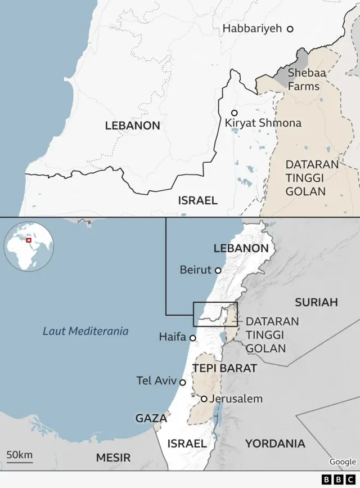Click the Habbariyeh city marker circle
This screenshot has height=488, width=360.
(x=290, y=28)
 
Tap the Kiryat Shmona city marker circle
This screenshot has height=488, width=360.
(x=234, y=113)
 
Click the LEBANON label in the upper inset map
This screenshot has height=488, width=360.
(x=132, y=126)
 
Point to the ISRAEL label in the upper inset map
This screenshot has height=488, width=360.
(x=197, y=200)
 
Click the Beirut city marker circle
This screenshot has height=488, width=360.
(x=218, y=270)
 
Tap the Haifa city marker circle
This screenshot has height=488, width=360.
(x=192, y=338)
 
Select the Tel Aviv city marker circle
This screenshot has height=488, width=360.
(x=182, y=382)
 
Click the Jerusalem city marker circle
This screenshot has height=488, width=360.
(x=204, y=399)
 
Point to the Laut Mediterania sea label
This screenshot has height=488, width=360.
(x=85, y=331)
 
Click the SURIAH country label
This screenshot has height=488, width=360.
(x=316, y=302)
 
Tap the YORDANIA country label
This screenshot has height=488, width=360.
(x=274, y=444)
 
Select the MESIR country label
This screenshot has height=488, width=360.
(x=113, y=458)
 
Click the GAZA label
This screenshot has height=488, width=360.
(x=151, y=418)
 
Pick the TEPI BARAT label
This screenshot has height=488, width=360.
(x=224, y=368)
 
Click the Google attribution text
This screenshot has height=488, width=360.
(x=343, y=462)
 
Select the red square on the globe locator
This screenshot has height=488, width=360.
(x=29, y=241)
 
